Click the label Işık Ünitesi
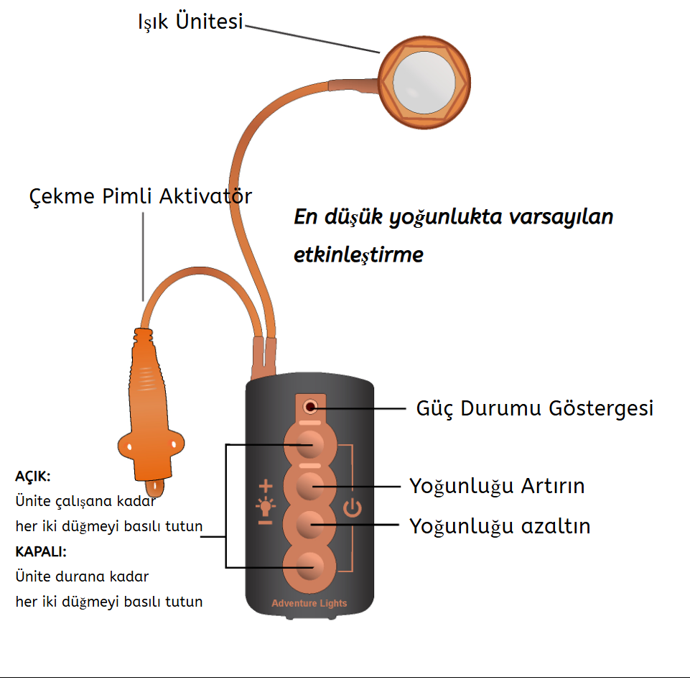click(190, 22)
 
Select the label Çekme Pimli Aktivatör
click(141, 196)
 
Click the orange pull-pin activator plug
click(149, 410)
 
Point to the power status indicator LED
click(310, 408)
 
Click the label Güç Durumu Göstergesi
click(535, 408)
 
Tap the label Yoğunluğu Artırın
click(497, 486)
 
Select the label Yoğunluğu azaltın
click(500, 526)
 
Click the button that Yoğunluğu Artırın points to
click(310, 487)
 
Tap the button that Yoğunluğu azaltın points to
click(310, 526)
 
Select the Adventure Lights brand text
click(309, 603)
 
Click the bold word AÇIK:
click(33, 476)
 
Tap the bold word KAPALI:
click(41, 551)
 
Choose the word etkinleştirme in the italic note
click(358, 254)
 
